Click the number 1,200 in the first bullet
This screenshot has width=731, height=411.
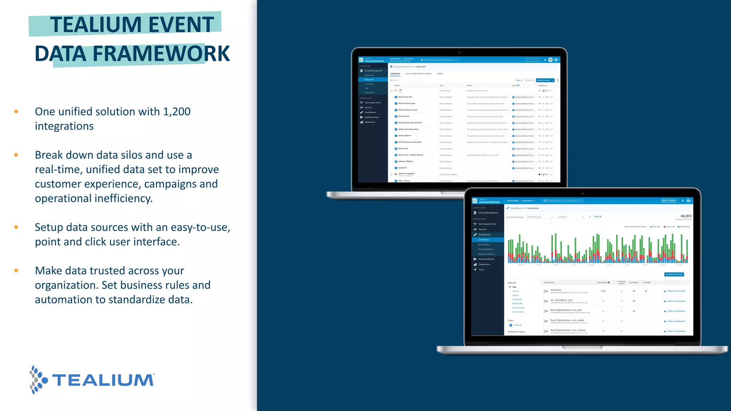(x=177, y=112)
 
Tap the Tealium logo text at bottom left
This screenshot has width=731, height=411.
(x=104, y=380)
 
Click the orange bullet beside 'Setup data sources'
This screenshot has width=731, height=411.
(x=16, y=227)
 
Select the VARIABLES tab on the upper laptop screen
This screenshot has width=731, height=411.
(x=395, y=74)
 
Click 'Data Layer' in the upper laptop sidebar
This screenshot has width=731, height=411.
(x=369, y=80)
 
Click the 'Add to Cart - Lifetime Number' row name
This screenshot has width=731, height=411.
(x=410, y=155)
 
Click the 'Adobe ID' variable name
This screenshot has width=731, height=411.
(x=402, y=168)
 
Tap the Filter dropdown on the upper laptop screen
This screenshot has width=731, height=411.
(x=519, y=80)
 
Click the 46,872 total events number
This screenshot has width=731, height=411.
(x=686, y=216)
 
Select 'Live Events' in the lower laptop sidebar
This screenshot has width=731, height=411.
(x=484, y=240)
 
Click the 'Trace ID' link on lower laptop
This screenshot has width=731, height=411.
(x=598, y=217)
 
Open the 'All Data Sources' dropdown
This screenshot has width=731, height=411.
(x=540, y=217)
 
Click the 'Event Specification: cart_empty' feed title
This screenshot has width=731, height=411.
(x=567, y=320)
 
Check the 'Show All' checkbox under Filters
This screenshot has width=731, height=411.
(x=511, y=325)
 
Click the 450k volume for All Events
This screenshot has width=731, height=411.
(x=603, y=291)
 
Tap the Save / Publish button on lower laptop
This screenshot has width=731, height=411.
(x=669, y=201)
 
